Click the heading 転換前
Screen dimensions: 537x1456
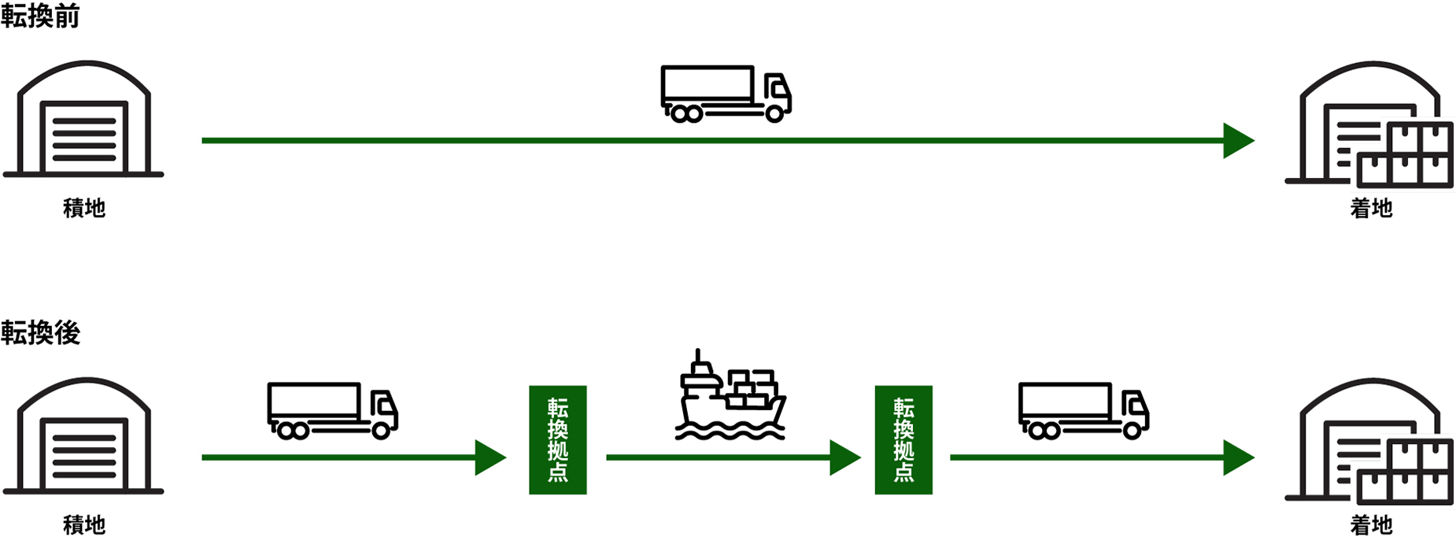click(40, 16)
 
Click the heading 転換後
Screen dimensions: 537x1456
click(40, 332)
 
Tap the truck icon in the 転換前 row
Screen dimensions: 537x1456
click(726, 94)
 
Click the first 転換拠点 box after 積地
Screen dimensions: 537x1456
click(557, 439)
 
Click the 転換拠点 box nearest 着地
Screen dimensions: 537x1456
click(904, 439)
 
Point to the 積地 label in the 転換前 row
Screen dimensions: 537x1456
click(84, 208)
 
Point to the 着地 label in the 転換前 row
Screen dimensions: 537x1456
click(1371, 208)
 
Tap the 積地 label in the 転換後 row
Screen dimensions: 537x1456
click(84, 524)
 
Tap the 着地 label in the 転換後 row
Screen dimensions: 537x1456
click(1371, 524)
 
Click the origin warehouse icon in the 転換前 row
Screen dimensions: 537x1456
click(84, 120)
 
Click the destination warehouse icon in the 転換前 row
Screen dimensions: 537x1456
click(1369, 124)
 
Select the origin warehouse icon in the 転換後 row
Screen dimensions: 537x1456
click(84, 436)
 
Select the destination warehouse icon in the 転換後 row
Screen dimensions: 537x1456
click(1369, 441)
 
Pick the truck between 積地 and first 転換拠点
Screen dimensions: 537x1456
click(332, 410)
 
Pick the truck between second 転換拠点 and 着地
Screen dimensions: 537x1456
click(1083, 410)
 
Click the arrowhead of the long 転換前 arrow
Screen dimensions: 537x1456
click(1238, 141)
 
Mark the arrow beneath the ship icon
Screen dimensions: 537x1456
click(732, 457)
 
